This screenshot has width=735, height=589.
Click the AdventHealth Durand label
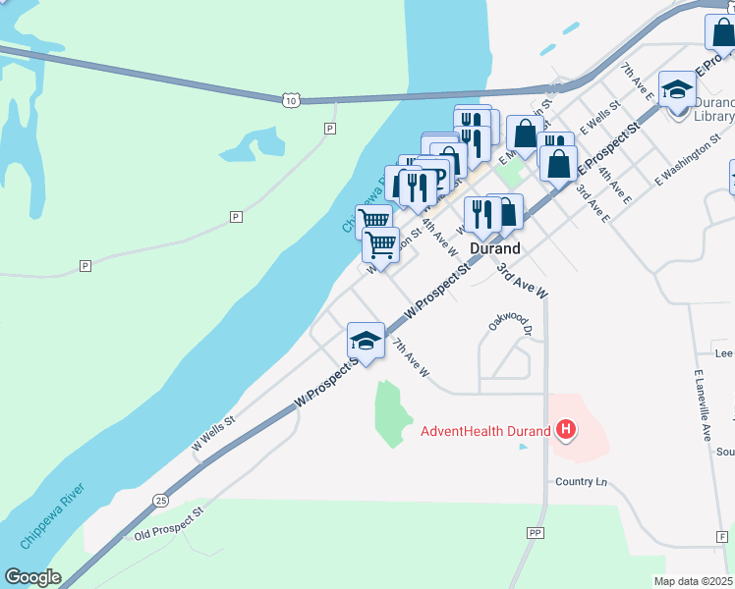485,430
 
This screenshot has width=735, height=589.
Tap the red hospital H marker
566,429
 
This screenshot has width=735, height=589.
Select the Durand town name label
494,248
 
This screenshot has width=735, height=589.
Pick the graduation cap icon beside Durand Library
677,90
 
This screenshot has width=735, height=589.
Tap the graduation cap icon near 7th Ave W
366,341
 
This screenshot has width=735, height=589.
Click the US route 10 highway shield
288,99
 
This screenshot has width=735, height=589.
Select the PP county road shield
536,532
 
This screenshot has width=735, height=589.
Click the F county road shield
722,536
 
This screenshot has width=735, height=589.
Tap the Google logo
32,577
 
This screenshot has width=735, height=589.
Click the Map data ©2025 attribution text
694,581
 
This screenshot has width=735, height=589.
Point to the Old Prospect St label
169,525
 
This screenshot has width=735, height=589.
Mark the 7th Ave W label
411,357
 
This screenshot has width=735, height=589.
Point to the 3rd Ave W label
521,282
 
